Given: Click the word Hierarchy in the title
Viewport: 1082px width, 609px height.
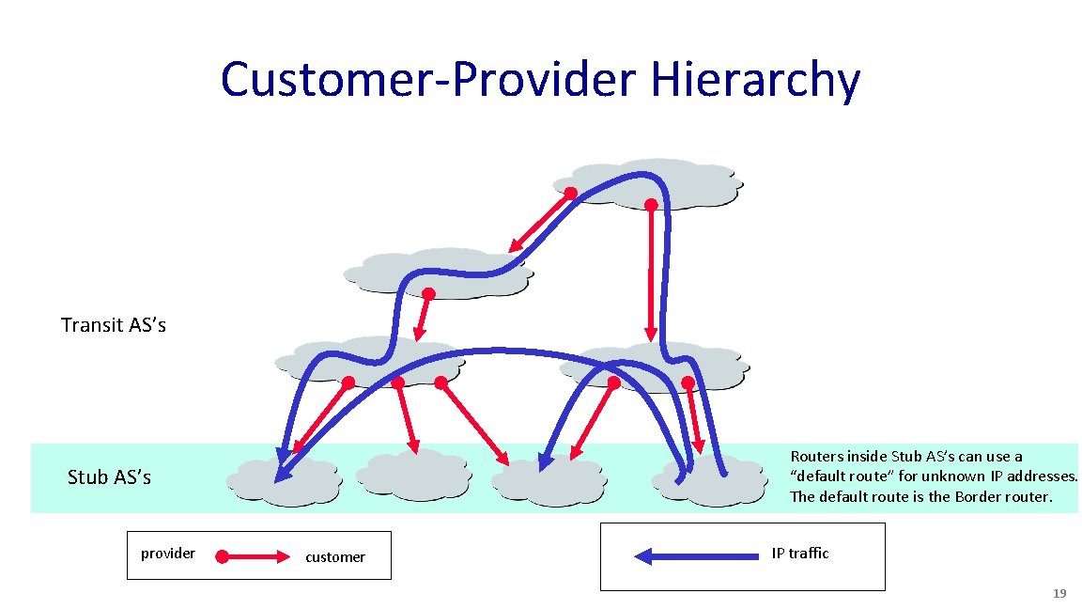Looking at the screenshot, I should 754,81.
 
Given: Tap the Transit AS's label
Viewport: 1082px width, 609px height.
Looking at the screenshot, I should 114,325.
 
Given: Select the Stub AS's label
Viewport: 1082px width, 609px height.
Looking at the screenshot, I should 109,477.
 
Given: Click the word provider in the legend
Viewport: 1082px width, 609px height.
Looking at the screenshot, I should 168,554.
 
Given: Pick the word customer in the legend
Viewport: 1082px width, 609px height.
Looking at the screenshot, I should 335,557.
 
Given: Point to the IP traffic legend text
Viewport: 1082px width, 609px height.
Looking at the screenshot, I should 800,554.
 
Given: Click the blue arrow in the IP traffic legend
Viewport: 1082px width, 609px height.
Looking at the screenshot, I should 694,556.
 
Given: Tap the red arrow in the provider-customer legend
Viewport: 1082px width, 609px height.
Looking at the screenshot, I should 254,557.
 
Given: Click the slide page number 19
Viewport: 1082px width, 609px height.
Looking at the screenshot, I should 1059,594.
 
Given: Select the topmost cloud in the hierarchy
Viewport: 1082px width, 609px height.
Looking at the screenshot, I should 648,182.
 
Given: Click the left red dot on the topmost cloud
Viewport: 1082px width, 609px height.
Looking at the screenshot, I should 570,194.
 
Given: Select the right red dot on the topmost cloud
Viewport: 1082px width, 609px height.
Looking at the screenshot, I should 650,204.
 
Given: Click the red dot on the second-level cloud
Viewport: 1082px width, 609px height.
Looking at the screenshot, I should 427,293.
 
